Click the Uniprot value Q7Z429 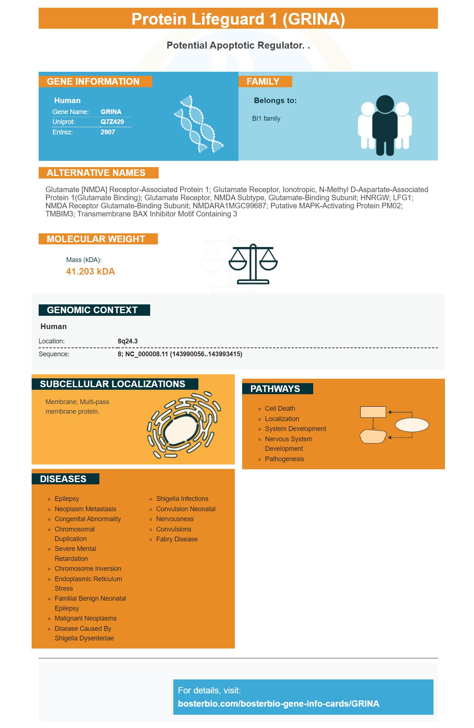point(112,122)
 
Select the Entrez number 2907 point(108,132)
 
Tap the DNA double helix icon point(199,124)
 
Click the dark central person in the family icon point(385,125)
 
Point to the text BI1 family point(266,119)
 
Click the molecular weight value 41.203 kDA point(91,272)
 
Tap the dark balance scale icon point(253,264)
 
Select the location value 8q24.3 point(128,341)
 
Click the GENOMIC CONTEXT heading point(92,310)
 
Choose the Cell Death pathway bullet point(280,409)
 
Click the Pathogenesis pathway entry point(284,459)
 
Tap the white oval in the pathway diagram point(412,425)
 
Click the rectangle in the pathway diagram point(373,412)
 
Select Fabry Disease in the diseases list point(177,539)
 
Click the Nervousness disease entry point(175,519)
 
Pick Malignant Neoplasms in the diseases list point(85,618)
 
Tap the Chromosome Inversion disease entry point(88,569)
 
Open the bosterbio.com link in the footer point(279,704)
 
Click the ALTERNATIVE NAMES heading point(96,173)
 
